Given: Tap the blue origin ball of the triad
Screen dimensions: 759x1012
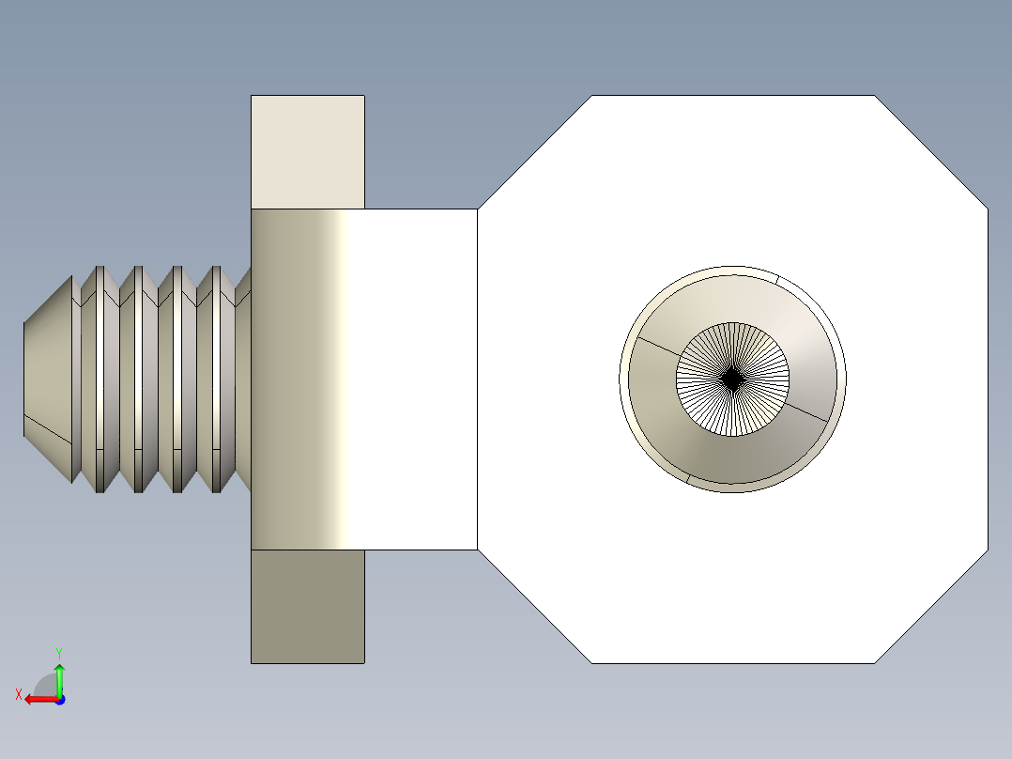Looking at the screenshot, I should point(59,699).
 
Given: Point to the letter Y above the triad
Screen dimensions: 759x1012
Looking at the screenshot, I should point(59,652).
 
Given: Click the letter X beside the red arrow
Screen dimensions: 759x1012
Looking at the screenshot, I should point(18,694).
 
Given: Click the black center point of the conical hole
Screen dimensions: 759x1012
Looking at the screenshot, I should point(732,379).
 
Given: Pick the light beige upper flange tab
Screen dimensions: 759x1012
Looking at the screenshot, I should point(307,151).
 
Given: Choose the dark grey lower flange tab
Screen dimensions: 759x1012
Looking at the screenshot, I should point(307,606).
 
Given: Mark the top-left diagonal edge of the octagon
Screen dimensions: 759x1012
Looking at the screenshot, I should point(534,151).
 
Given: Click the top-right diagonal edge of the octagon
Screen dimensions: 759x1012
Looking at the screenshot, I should point(931,151).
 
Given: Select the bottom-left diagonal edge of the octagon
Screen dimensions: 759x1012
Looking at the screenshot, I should point(534,606).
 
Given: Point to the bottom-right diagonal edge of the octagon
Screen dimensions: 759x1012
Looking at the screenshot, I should point(931,606).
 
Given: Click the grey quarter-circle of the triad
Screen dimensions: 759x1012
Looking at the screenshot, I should point(45,686).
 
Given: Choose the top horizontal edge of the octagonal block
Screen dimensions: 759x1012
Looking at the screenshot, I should point(732,96).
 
